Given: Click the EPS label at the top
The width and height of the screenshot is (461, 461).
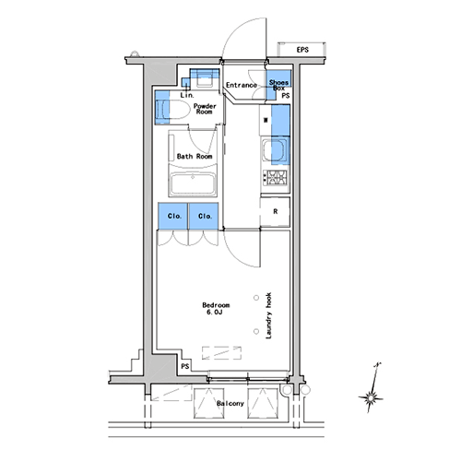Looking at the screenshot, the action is pyautogui.click(x=302, y=50).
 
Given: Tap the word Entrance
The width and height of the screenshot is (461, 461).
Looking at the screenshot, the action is pyautogui.click(x=242, y=85).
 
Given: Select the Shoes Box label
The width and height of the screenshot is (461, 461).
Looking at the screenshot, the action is pyautogui.click(x=278, y=85).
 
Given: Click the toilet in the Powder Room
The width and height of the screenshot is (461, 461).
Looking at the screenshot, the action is pyautogui.click(x=171, y=110).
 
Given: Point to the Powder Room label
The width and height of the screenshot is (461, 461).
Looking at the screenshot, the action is pyautogui.click(x=205, y=109).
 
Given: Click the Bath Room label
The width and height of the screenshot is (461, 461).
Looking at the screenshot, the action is pyautogui.click(x=195, y=156).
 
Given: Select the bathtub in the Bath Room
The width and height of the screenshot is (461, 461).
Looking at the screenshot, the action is pyautogui.click(x=193, y=183).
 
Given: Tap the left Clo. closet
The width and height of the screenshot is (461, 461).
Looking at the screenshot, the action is pyautogui.click(x=172, y=216).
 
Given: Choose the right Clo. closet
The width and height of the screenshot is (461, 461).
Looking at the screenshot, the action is pyautogui.click(x=204, y=216).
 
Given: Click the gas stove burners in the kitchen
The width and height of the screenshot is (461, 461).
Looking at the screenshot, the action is pyautogui.click(x=275, y=178).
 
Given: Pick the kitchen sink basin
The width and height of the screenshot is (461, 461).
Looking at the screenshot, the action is pyautogui.click(x=275, y=150).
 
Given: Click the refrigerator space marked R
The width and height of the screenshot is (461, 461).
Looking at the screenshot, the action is pyautogui.click(x=275, y=212).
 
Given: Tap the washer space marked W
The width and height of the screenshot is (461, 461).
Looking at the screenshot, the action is pyautogui.click(x=266, y=120).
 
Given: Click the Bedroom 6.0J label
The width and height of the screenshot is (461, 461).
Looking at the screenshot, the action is pyautogui.click(x=216, y=309).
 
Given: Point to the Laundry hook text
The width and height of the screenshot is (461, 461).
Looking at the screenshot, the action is pyautogui.click(x=268, y=315).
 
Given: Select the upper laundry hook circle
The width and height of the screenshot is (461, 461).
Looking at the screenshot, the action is pyautogui.click(x=256, y=298).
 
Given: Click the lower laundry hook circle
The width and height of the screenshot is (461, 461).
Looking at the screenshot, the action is pyautogui.click(x=256, y=331).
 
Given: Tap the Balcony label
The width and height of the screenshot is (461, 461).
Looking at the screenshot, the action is pyautogui.click(x=230, y=403).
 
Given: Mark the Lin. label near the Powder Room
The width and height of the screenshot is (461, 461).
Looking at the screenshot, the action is pyautogui.click(x=187, y=95).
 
